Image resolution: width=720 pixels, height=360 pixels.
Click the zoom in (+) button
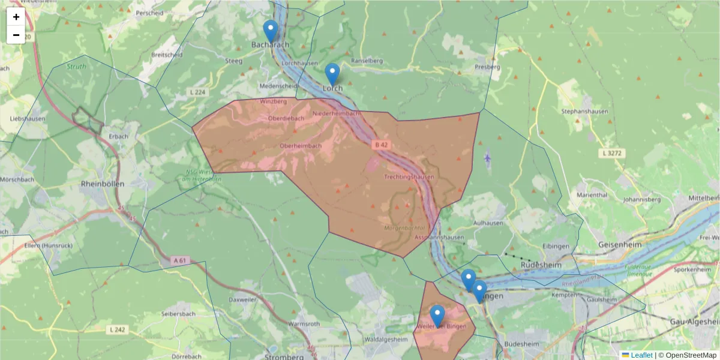click(x=16, y=17)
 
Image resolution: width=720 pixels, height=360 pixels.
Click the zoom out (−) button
click(x=16, y=35)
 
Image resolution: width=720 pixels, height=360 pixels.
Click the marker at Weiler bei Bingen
click(x=437, y=316)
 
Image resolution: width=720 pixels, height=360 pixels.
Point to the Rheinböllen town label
click(x=102, y=184)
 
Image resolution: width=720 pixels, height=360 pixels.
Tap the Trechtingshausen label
click(x=409, y=178)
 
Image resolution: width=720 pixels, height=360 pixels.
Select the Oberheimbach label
click(x=301, y=146)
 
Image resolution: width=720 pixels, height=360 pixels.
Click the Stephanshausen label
click(x=584, y=112)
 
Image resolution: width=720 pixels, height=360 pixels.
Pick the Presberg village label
click(x=487, y=67)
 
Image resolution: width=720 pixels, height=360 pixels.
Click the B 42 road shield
click(x=380, y=145)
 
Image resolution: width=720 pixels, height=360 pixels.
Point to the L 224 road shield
click(x=197, y=92)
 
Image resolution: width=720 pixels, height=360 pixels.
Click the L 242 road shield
click(x=118, y=329)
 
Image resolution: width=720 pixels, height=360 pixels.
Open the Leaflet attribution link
click(x=641, y=355)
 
